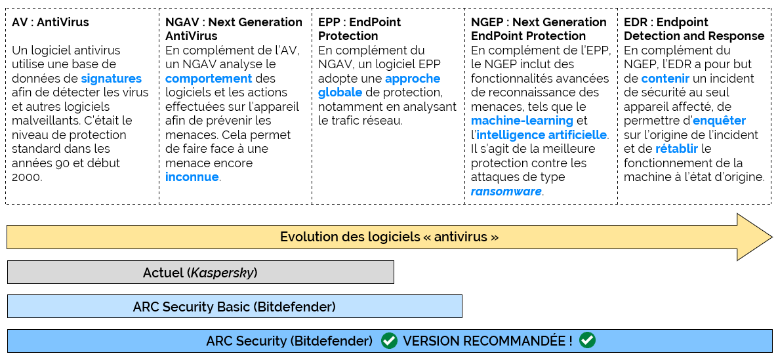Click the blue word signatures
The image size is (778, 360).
pyautogui.click(x=111, y=78)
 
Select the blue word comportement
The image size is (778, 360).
pyautogui.click(x=209, y=78)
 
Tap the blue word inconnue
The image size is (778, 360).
pyautogui.click(x=192, y=177)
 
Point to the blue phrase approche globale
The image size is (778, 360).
pyautogui.click(x=379, y=85)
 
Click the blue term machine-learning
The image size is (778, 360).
pyautogui.click(x=522, y=121)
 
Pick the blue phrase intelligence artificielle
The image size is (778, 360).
pyautogui.click(x=541, y=135)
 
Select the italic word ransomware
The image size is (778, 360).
pyautogui.click(x=506, y=191)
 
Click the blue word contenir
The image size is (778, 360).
pyautogui.click(x=665, y=78)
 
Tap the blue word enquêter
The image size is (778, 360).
pyautogui.click(x=720, y=121)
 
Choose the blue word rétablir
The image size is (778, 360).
pyautogui.click(x=677, y=149)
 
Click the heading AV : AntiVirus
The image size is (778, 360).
pyautogui.click(x=51, y=22)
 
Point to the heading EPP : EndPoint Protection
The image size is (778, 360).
pyautogui.click(x=359, y=30)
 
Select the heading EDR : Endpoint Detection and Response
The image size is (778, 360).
pyautogui.click(x=694, y=30)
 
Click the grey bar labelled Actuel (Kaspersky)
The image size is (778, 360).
pyautogui.click(x=201, y=272)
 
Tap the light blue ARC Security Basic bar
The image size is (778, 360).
pyautogui.click(x=235, y=306)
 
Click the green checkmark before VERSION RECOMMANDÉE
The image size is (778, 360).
pyautogui.click(x=389, y=341)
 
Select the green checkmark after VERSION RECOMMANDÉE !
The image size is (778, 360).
pyautogui.click(x=588, y=341)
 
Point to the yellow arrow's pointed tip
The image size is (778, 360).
pyautogui.click(x=772, y=237)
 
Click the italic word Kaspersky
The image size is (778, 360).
pyautogui.click(x=222, y=273)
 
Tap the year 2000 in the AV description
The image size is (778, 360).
pyautogui.click(x=28, y=177)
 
